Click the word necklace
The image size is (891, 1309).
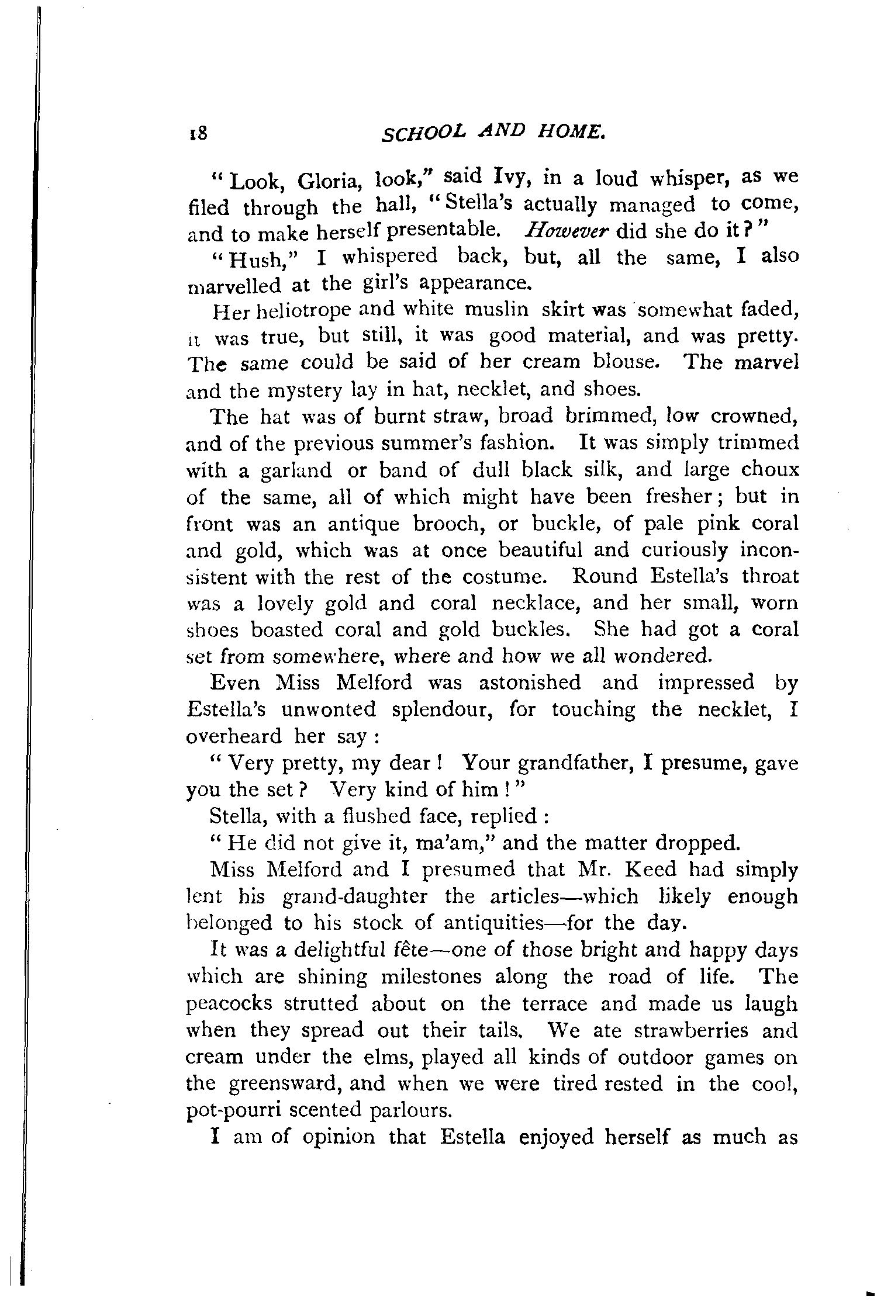[536, 603]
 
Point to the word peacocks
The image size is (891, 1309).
[229, 1004]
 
